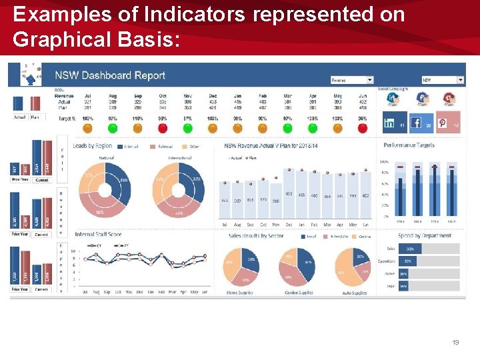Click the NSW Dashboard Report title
tap(110, 75)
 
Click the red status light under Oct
tap(163, 128)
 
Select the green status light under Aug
tap(113, 128)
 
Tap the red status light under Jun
tap(363, 128)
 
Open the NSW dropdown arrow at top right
tap(460, 80)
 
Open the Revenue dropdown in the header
tap(352, 80)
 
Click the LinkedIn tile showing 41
tap(394, 123)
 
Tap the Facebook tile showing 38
tap(420, 123)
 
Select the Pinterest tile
tap(447, 123)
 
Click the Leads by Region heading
tap(93, 145)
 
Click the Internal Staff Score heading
tap(98, 235)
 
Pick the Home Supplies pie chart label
tap(240, 293)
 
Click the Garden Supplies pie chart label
tap(297, 293)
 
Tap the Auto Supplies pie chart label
tap(354, 293)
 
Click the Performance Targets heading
tap(409, 145)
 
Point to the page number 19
tap(455, 342)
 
